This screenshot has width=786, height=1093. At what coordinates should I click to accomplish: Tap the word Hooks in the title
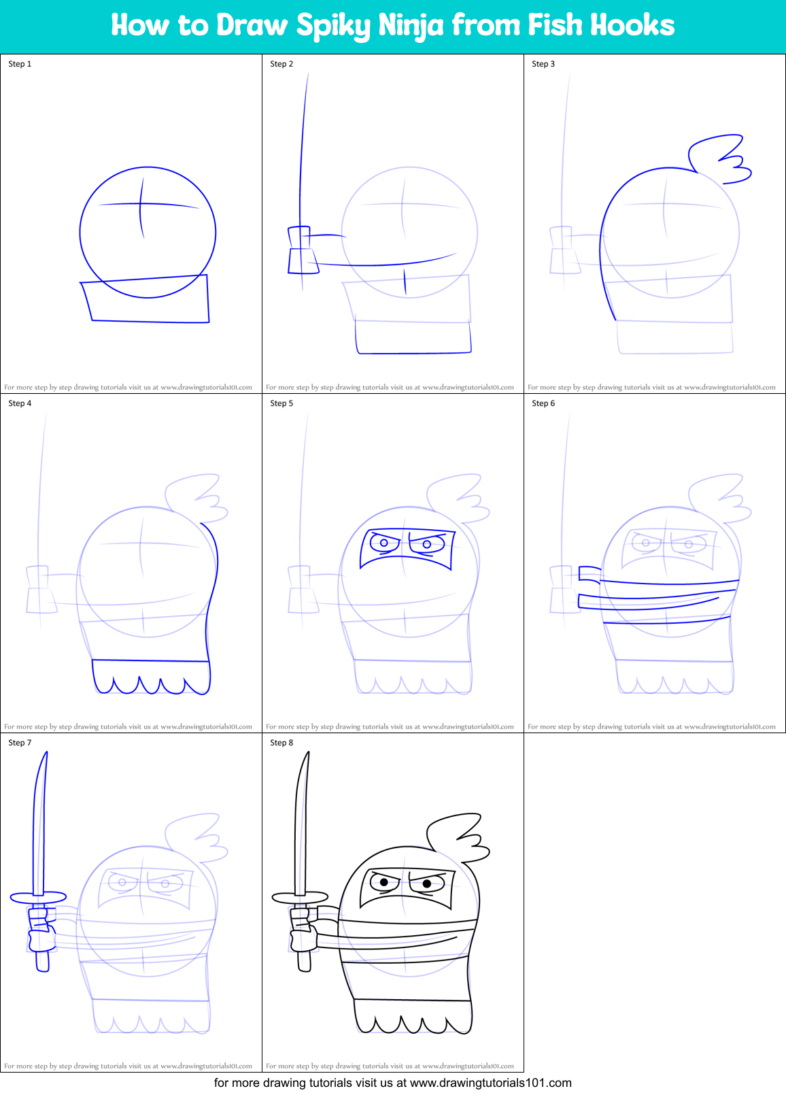(632, 25)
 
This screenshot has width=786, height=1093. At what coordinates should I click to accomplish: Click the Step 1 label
(20, 64)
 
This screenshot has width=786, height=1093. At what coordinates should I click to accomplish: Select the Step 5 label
(281, 403)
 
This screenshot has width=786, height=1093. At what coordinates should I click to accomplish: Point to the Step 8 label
(281, 743)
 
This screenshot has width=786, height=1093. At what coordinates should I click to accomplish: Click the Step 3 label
(543, 64)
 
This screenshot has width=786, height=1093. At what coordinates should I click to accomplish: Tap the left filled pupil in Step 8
(384, 882)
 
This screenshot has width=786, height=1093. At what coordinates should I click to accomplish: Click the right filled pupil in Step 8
(427, 884)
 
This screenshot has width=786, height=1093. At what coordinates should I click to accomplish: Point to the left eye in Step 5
(384, 543)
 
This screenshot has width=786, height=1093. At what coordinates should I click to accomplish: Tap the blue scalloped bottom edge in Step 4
(151, 684)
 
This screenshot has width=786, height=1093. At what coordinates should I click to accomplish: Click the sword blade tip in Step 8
(308, 755)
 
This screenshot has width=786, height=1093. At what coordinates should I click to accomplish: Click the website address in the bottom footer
(490, 1083)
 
